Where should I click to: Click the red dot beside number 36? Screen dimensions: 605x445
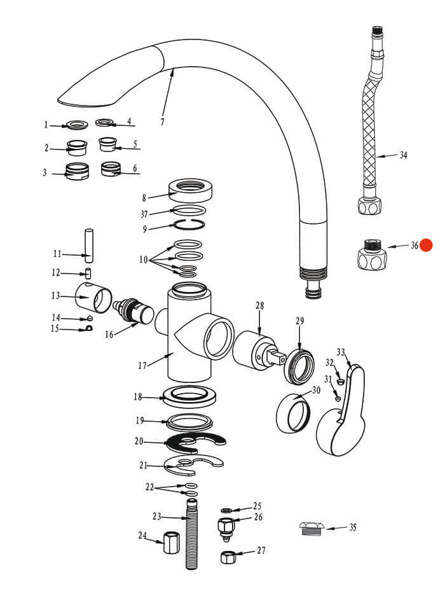425,246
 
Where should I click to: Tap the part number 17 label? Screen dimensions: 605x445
142,365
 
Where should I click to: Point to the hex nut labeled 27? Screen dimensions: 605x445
229,557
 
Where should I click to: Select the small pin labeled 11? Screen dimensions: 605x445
90,246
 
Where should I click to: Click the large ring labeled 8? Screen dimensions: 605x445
190,188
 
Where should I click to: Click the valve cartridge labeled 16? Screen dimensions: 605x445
133,311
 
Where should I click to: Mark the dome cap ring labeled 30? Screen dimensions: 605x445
292,413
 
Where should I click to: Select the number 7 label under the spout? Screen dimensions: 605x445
161,122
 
